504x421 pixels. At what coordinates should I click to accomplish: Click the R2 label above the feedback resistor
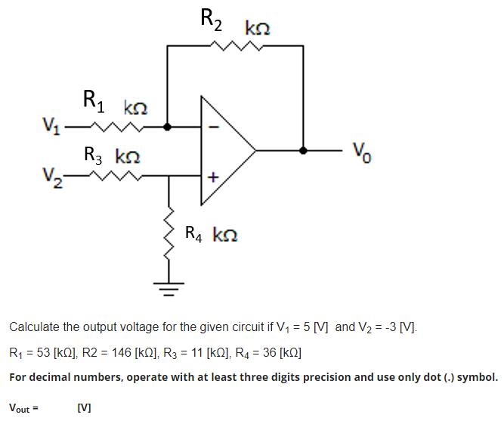211,19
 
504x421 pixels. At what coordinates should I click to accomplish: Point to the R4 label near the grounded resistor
193,233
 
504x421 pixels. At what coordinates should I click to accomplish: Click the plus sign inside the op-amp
213,177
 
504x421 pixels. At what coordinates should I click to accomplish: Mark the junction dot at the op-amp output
304,150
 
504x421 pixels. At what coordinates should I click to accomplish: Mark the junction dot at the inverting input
168,127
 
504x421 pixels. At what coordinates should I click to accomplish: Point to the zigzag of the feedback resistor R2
237,45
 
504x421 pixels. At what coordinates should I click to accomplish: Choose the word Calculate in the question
34,327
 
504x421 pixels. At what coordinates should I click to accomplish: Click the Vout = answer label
23,408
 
